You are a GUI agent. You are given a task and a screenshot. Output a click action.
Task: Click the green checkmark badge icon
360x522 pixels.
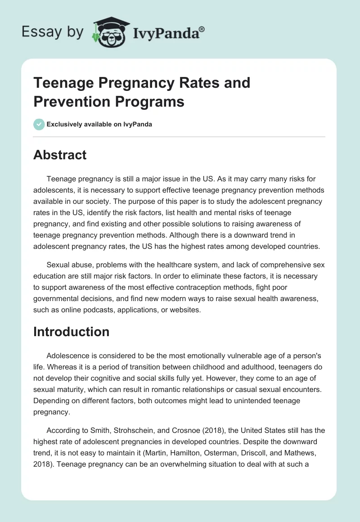[39, 124]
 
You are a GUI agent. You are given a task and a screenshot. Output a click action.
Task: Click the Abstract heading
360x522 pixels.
[60, 155]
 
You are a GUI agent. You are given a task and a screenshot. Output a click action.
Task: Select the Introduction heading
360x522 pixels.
[72, 332]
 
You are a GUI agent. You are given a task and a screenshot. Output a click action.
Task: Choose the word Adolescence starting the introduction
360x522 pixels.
[69, 354]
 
